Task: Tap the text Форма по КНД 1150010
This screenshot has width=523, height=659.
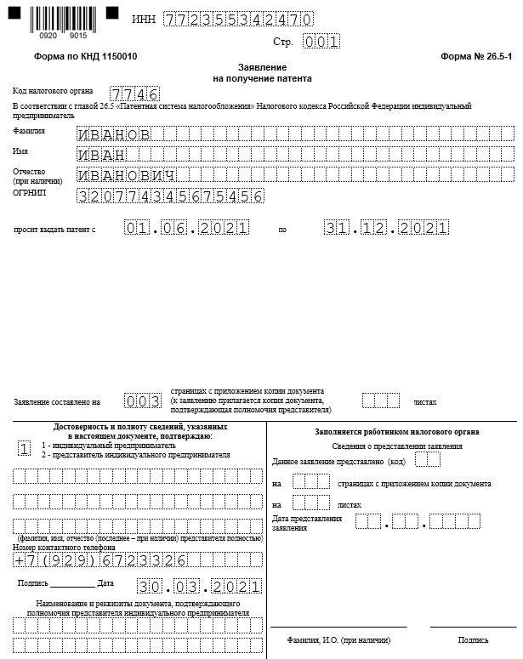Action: [x=85, y=56]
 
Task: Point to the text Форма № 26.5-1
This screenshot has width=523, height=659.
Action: [x=476, y=56]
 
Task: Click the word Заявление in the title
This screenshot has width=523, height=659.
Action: [x=262, y=67]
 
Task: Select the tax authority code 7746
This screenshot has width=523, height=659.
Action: [x=134, y=94]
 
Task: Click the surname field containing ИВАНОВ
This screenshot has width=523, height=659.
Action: [x=114, y=134]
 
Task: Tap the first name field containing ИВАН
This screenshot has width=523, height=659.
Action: [x=102, y=155]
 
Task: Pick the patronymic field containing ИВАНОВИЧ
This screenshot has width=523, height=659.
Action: [x=127, y=175]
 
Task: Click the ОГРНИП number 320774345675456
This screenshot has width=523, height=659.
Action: [x=169, y=196]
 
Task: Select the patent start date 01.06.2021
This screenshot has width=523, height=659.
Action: [x=186, y=229]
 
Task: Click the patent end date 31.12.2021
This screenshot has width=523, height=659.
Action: [x=386, y=229]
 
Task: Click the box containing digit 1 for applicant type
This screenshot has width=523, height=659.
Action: [x=25, y=448]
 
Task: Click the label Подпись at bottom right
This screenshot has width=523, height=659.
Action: [x=473, y=640]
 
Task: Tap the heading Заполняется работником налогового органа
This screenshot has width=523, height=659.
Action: [x=396, y=432]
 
